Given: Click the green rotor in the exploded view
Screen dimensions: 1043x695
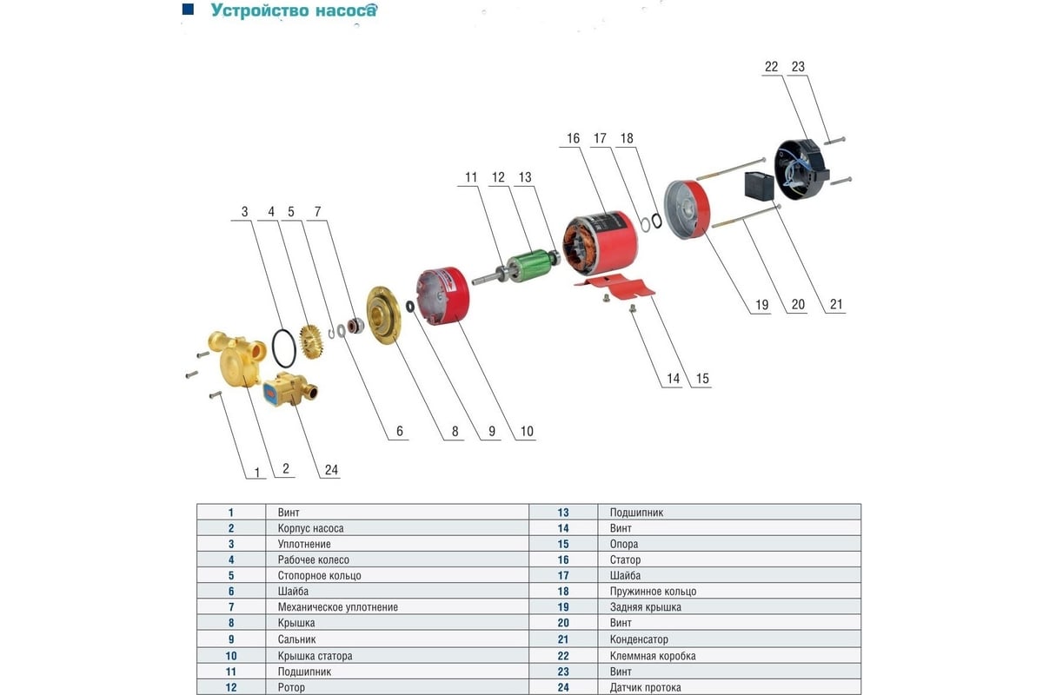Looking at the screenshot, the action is (x=529, y=264).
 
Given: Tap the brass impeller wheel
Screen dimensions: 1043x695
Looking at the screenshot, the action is (x=311, y=342).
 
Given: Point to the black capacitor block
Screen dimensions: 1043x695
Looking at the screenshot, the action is (x=760, y=186).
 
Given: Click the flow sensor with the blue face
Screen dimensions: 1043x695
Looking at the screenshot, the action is (x=289, y=389).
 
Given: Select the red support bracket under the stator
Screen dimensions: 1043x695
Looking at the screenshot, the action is (x=615, y=285).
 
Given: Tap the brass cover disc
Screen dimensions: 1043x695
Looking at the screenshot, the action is (x=383, y=315).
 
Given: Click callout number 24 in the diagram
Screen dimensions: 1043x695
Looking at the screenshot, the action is (x=331, y=470).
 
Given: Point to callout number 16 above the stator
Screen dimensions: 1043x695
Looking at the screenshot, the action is (x=573, y=138).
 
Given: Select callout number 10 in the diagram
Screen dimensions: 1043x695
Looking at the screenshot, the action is (x=527, y=431).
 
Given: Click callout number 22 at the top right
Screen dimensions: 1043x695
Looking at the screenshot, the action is (x=771, y=67).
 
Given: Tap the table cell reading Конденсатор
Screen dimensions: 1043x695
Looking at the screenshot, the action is (x=639, y=639).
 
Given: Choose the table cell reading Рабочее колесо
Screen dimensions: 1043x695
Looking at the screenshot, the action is (x=314, y=560).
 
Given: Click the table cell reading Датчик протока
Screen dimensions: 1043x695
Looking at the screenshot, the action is (x=645, y=687).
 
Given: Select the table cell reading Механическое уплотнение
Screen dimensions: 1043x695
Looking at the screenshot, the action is (x=338, y=607).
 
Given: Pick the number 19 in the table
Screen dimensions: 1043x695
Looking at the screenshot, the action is (x=563, y=607).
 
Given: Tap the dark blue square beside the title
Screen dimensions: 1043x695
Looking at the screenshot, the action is (x=188, y=9).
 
